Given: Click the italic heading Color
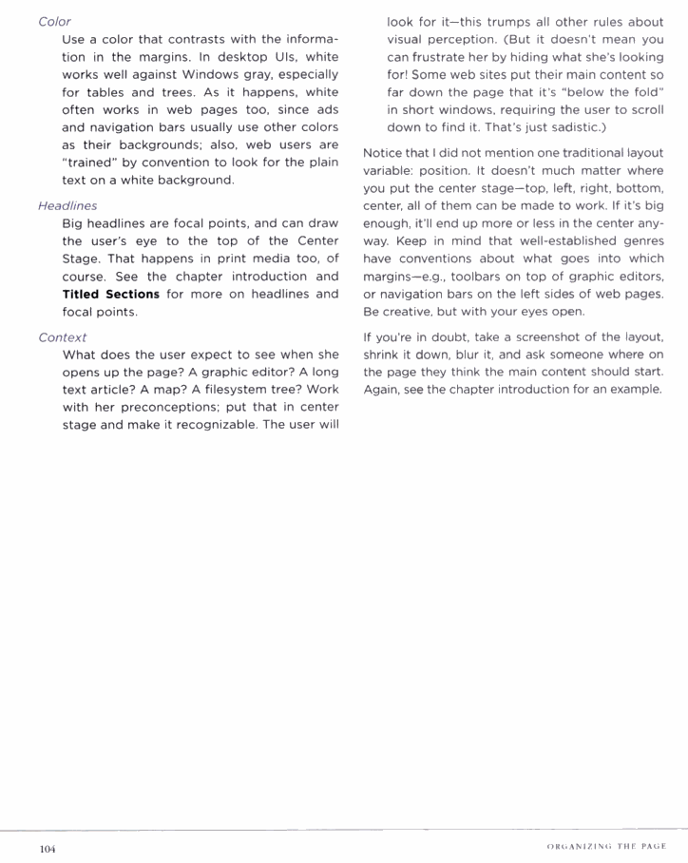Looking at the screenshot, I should [54, 21].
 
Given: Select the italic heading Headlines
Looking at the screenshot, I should [67, 205].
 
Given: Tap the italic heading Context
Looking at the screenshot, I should [62, 337].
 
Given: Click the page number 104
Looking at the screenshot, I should [48, 849].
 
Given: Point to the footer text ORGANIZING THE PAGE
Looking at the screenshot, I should [606, 847].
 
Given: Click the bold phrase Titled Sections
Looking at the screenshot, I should [110, 295].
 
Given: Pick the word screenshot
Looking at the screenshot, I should [552, 337].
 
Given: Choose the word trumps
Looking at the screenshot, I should [502, 21].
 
